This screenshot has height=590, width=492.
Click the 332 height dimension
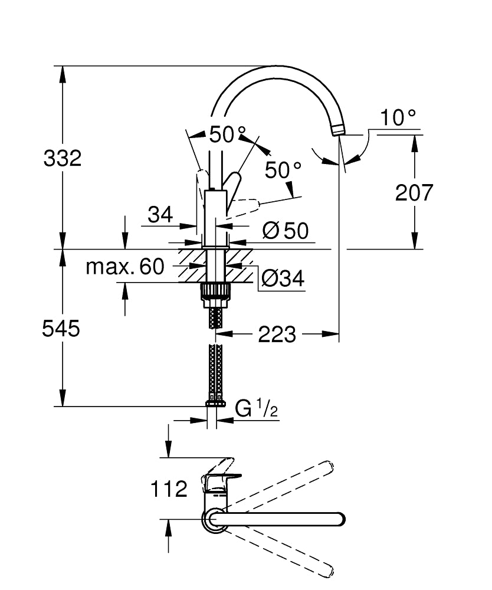pyautogui.click(x=62, y=158)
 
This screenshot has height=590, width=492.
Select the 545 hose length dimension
pyautogui.click(x=61, y=329)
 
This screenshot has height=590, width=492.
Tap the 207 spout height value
pyautogui.click(x=414, y=192)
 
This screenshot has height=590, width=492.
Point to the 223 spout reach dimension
pyautogui.click(x=277, y=335)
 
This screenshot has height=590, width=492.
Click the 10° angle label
pyautogui.click(x=397, y=117)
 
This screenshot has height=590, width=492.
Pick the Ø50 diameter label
pyautogui.click(x=286, y=231)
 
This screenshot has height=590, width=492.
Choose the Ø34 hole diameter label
pyautogui.click(x=282, y=278)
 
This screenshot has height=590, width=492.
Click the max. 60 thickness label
pyautogui.click(x=125, y=267)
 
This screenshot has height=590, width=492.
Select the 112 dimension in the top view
pyautogui.click(x=169, y=489)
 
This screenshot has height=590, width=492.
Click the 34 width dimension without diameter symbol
pyautogui.click(x=160, y=215)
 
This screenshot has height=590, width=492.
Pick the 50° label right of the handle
pyautogui.click(x=283, y=171)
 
